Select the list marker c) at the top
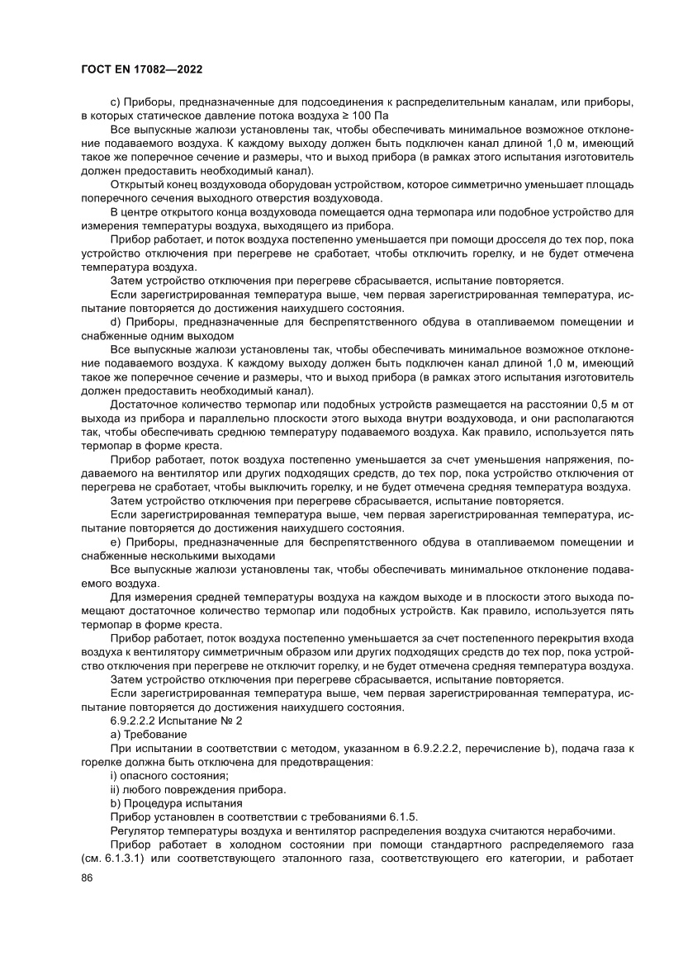[115, 102]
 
